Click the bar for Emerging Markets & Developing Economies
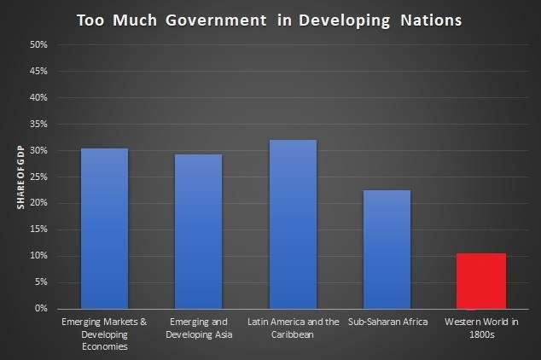[104, 229]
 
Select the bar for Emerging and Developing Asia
[198, 231]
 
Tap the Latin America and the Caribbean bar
[293, 224]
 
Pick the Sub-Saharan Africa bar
[387, 249]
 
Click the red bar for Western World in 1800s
[480, 281]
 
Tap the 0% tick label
[40, 309]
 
